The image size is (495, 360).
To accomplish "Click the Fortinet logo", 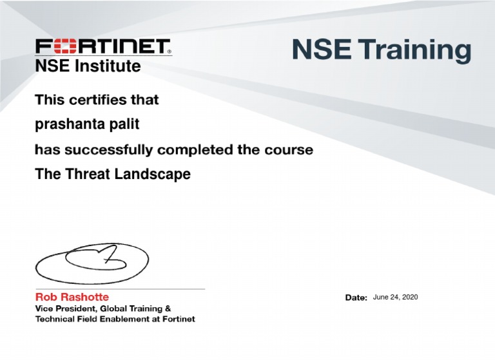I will (103, 47).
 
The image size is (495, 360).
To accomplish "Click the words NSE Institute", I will (87, 66).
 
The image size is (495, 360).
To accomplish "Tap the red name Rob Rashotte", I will (72, 297).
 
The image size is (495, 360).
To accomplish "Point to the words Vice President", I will (68, 308).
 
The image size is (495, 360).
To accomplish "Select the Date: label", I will (356, 298).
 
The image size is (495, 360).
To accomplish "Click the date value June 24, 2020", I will (395, 297).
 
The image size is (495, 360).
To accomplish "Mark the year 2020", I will (409, 297).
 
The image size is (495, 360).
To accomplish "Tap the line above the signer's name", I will (119, 289).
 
